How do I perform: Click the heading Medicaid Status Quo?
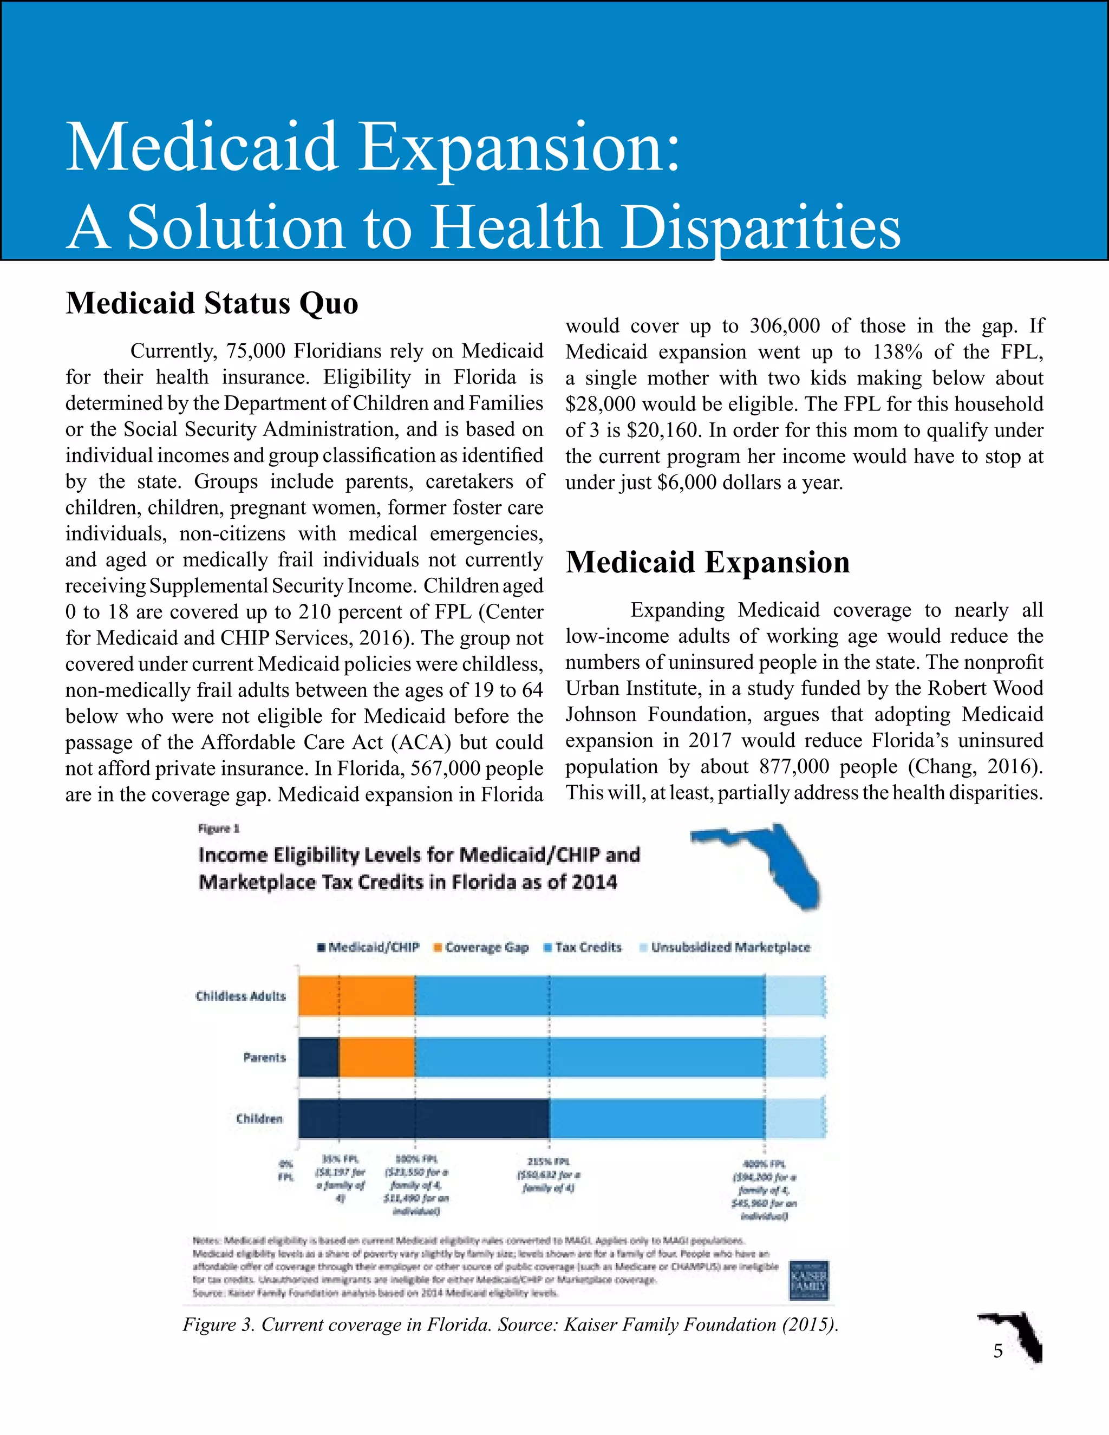[212, 304]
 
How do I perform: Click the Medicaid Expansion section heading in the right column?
[708, 563]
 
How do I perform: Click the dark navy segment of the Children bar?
[424, 1118]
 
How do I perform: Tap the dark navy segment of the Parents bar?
[318, 1056]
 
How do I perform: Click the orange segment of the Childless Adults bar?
[357, 995]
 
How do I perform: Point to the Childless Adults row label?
[240, 996]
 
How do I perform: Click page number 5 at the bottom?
[998, 1351]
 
